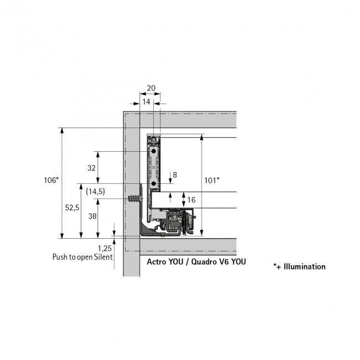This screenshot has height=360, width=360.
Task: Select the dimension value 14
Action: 146,102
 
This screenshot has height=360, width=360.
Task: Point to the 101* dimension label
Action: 212,180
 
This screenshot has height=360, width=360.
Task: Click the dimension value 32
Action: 92,167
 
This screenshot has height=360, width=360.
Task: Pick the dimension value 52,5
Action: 72,207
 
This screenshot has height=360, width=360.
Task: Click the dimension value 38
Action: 92,217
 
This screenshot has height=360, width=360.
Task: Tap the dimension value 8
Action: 174,175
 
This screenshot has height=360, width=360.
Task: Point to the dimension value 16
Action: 192,199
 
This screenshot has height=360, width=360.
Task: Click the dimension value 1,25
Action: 105,248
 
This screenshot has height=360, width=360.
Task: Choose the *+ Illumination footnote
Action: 300,266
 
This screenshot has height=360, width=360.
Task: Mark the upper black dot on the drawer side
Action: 151,150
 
